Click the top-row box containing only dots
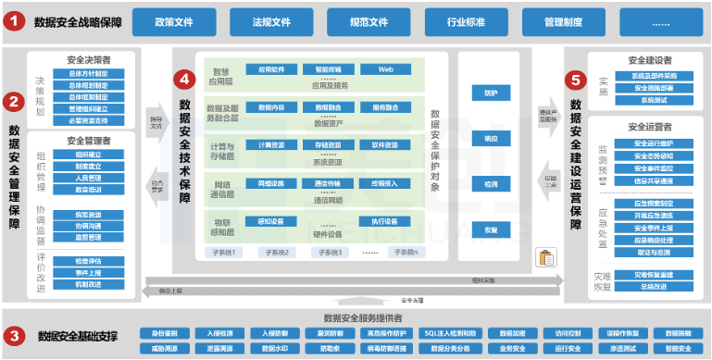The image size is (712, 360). coord(663,21)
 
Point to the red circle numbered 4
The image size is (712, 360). coord(184,80)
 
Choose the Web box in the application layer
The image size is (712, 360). coord(385,69)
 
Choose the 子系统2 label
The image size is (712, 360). coord(277,252)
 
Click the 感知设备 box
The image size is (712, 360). coord(270,221)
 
